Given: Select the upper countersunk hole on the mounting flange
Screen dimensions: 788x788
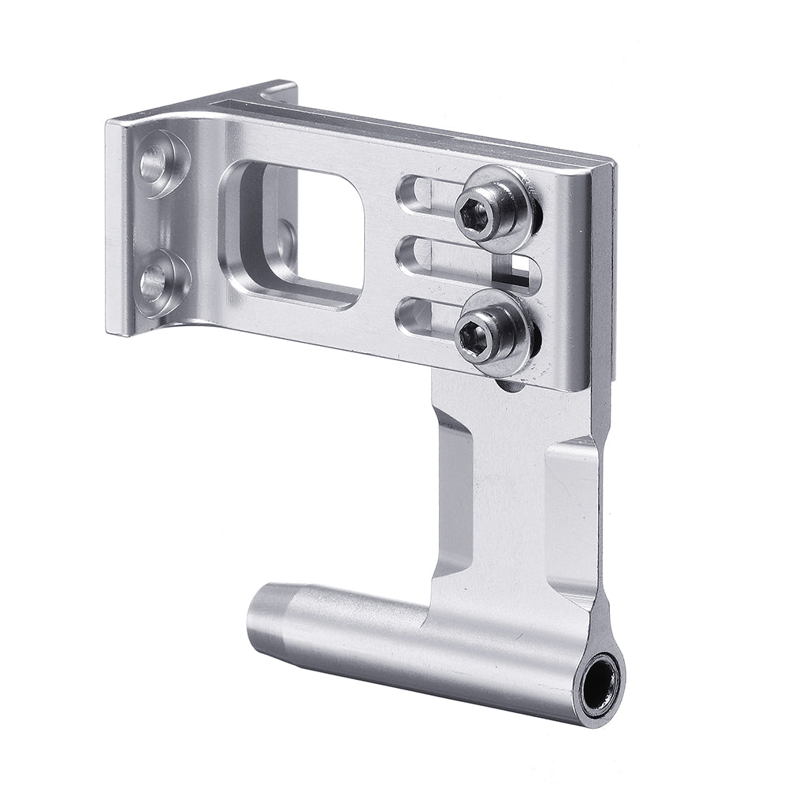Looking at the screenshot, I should (154, 163).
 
